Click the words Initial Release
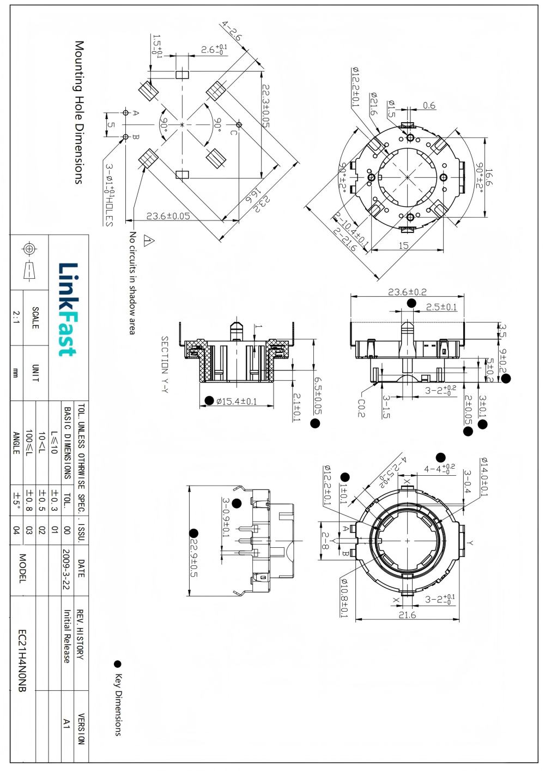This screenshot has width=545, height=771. point(66,636)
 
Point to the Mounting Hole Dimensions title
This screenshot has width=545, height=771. point(79,112)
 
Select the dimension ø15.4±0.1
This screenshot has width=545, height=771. point(237,401)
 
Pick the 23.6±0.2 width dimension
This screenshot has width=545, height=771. point(407,292)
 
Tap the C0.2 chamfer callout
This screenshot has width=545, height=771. point(361,407)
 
